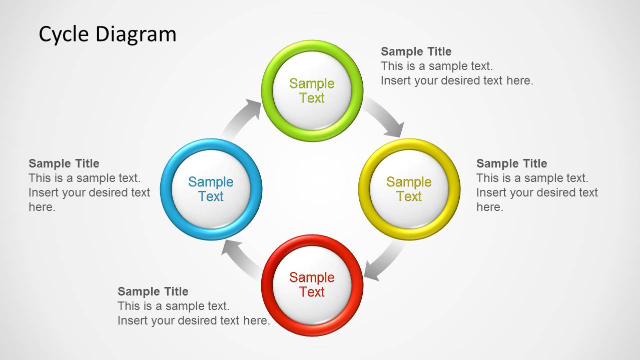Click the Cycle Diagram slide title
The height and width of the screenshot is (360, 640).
(108, 34)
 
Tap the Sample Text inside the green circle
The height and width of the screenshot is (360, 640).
(312, 90)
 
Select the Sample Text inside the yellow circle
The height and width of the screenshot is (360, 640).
(409, 189)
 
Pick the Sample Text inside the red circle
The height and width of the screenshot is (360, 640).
(312, 284)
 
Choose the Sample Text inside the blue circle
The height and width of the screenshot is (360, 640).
(211, 189)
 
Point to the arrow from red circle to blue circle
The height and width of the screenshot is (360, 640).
(239, 257)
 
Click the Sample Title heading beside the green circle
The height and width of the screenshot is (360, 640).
(416, 51)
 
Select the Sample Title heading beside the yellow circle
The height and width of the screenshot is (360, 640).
(511, 163)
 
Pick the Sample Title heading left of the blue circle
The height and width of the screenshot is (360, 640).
(64, 163)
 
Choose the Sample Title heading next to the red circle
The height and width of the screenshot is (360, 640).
(153, 291)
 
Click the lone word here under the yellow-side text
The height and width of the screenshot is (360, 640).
(489, 207)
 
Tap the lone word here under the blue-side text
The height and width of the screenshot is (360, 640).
(42, 207)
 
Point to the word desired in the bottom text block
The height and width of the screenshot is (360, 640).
(204, 320)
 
